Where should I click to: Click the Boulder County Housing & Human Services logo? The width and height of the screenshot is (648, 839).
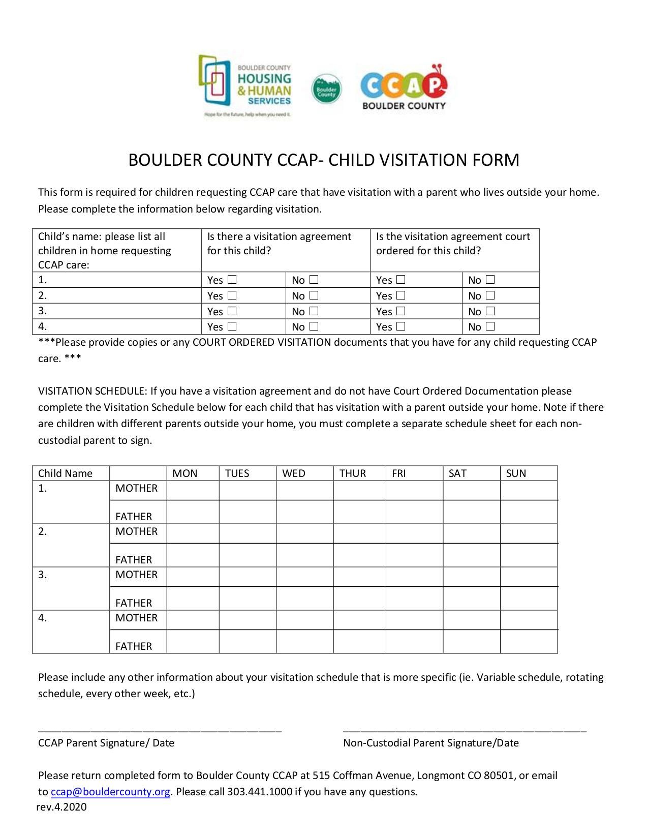[245, 86]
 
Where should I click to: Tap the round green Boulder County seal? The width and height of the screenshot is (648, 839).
[326, 89]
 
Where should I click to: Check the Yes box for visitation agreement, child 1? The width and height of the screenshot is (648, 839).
[232, 280]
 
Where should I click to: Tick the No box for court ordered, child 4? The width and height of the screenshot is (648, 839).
[490, 326]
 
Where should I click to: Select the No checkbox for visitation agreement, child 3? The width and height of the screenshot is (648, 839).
[314, 311]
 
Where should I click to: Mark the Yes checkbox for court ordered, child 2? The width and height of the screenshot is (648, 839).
[401, 295]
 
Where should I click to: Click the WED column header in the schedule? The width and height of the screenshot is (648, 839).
[294, 473]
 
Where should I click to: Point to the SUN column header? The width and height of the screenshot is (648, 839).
[516, 473]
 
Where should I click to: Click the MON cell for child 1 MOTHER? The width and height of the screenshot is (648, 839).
[193, 490]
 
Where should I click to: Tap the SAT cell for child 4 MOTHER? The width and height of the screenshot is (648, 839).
[471, 620]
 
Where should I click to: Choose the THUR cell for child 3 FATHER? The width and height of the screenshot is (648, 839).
[359, 598]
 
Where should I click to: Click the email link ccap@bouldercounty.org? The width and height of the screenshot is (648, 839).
[110, 792]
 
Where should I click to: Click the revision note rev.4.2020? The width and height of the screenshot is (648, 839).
[61, 807]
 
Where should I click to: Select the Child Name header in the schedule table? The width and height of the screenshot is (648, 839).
[65, 473]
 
